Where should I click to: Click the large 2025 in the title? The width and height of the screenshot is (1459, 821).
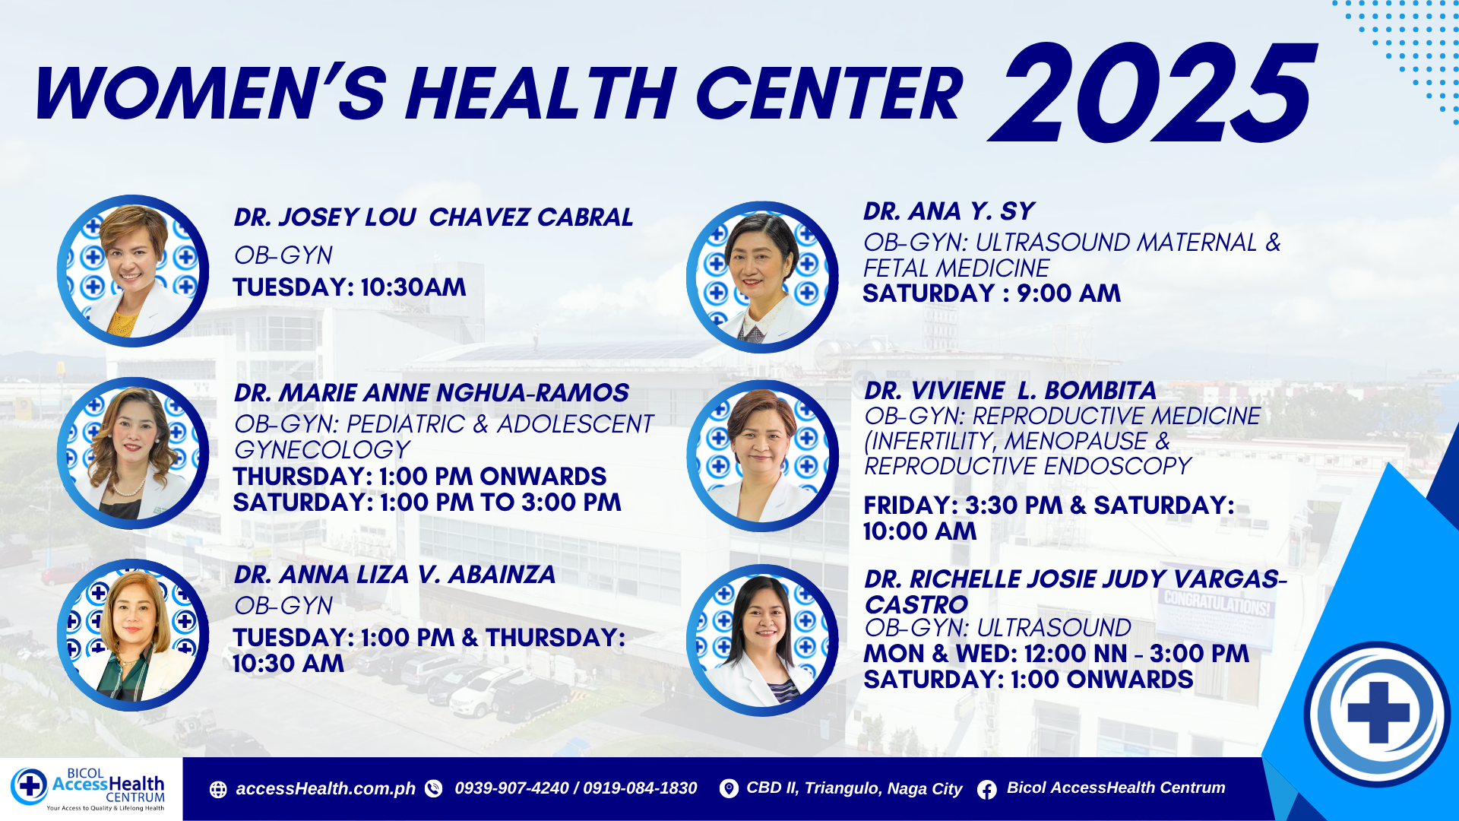tap(1151, 92)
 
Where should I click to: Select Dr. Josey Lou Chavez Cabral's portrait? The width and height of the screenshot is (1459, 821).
tap(133, 271)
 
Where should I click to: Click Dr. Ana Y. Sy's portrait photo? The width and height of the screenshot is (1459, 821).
tap(762, 277)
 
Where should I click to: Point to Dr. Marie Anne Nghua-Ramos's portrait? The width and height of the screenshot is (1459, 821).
tap(133, 453)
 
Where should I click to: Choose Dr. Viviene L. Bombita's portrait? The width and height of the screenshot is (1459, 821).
tap(762, 456)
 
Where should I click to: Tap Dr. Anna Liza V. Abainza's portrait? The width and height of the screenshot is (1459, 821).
tap(133, 636)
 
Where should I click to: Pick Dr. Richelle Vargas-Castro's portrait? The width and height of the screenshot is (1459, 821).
tap(762, 640)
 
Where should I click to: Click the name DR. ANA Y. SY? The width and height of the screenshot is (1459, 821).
tap(949, 211)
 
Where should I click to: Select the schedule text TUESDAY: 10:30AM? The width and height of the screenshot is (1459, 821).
tap(350, 287)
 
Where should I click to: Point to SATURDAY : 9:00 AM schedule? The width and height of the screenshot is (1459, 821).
tap(992, 293)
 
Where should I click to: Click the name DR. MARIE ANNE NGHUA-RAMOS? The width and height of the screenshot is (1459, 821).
tap(432, 392)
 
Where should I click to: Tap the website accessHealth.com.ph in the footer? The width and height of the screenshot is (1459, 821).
tap(326, 789)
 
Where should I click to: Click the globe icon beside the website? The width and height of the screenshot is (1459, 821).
tap(218, 790)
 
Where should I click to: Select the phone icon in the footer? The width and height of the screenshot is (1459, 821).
tap(433, 789)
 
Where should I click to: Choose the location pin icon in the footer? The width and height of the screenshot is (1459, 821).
tap(728, 789)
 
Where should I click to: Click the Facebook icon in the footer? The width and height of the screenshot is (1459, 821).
tap(986, 790)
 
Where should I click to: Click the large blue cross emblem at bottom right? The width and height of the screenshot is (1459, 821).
tap(1378, 713)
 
